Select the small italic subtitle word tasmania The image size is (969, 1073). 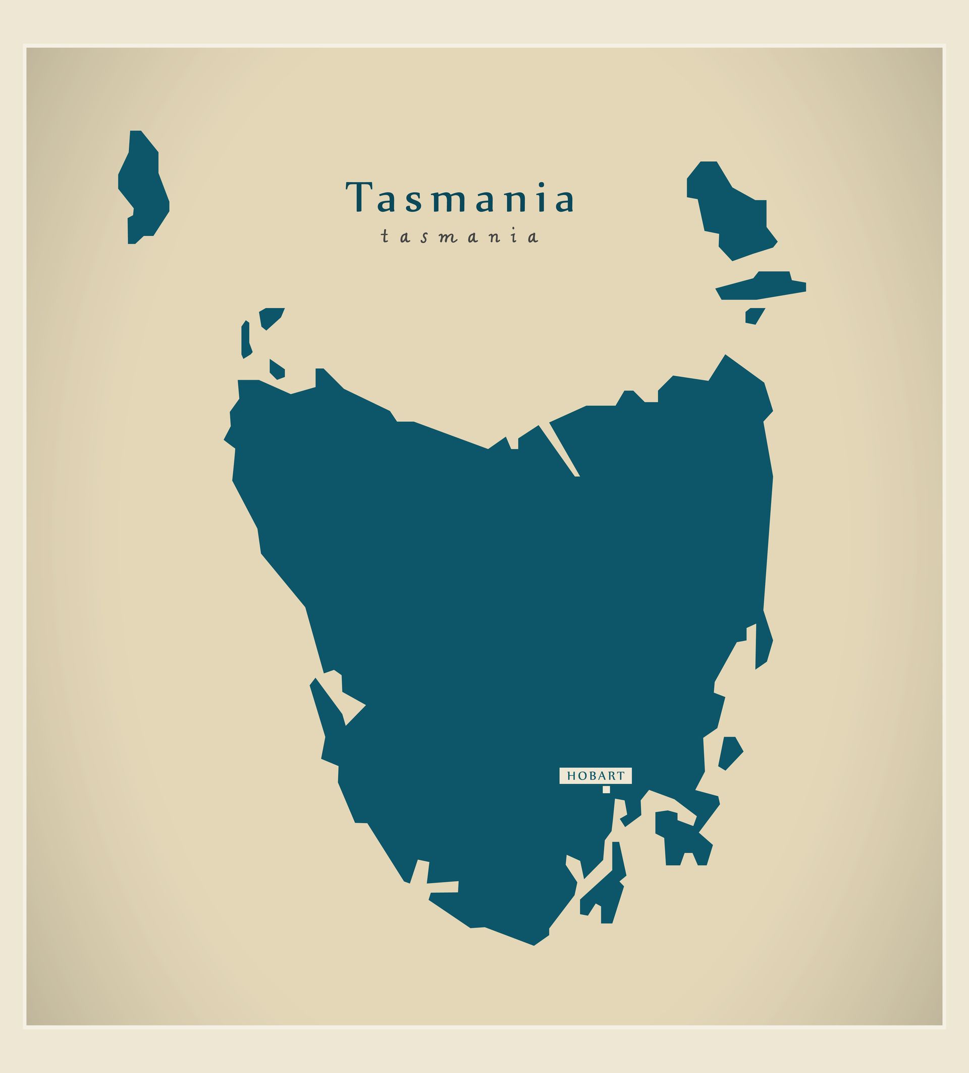(459, 237)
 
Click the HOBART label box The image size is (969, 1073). (595, 775)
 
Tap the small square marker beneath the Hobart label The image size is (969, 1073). (606, 789)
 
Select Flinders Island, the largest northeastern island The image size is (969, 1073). (731, 213)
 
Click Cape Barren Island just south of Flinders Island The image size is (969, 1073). (761, 287)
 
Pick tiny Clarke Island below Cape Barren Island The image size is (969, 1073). (753, 316)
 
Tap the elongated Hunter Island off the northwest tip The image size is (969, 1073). (246, 339)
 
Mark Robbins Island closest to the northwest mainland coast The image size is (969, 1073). (277, 369)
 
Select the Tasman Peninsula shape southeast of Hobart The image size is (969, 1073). (683, 841)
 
